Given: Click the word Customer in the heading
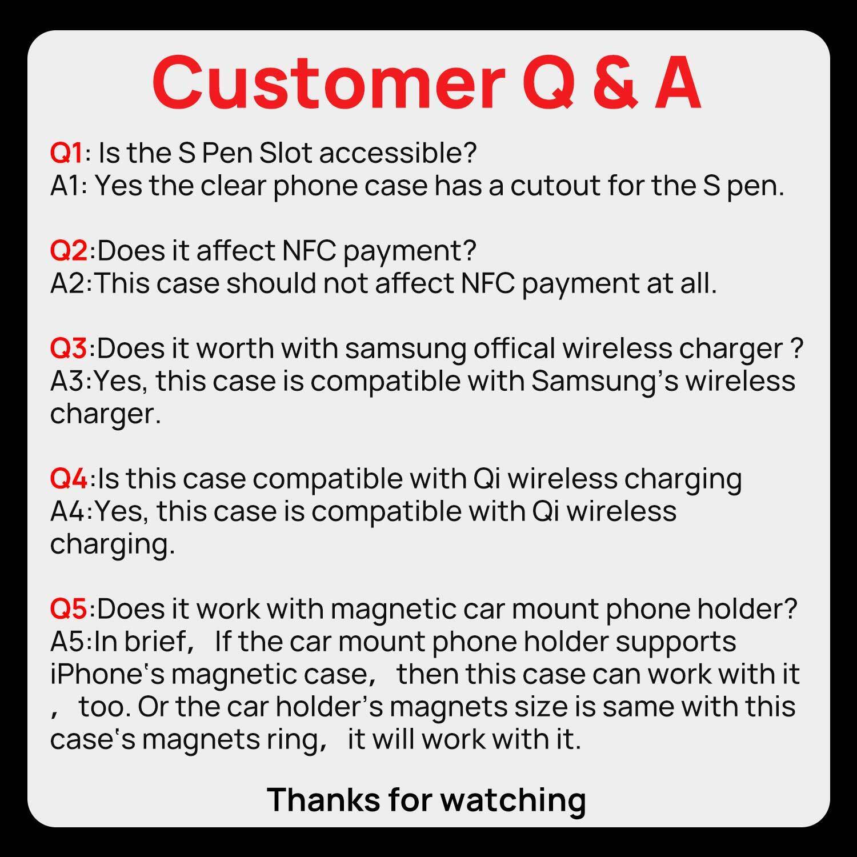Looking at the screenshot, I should click(x=328, y=84).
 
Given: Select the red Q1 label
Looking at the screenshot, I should click(x=67, y=153).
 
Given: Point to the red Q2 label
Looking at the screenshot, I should click(x=69, y=250).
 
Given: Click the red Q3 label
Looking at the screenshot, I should click(x=69, y=349).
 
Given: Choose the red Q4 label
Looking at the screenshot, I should click(x=69, y=479).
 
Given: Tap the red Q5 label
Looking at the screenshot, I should click(x=69, y=609).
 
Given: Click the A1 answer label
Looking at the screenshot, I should click(x=67, y=186).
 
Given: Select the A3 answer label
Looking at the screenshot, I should click(x=69, y=381).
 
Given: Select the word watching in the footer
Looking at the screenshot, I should click(x=513, y=800).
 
